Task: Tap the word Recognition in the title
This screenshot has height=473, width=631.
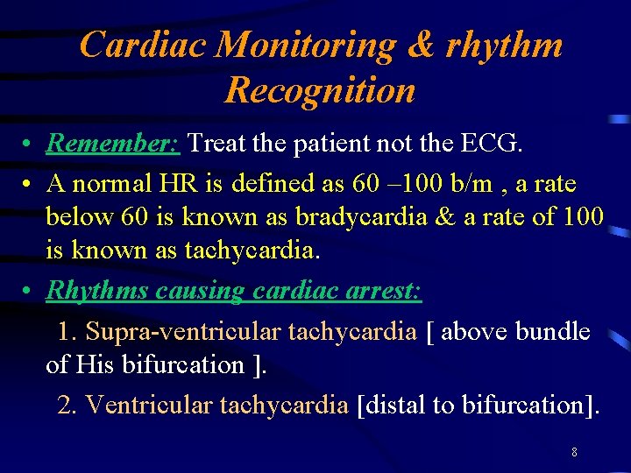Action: point(320,89)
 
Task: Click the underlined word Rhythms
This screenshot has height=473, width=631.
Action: point(97,291)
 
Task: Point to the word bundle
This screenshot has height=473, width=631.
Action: point(552,332)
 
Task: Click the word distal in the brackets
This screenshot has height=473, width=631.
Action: point(392,405)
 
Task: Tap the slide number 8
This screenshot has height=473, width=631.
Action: point(574,453)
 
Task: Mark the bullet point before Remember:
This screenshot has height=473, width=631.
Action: point(29,144)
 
